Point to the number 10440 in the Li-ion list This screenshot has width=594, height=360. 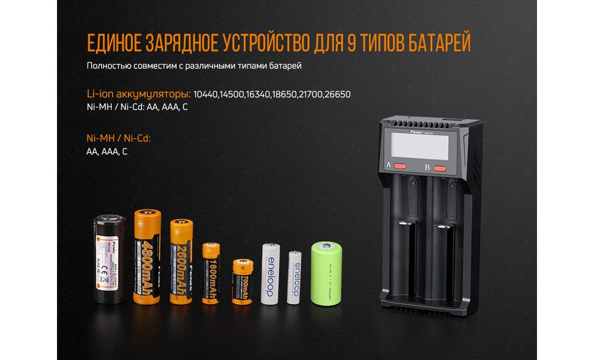coord(206,94)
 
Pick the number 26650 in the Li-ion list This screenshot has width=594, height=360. coord(338,94)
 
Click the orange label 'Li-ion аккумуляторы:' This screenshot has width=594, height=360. coord(139,94)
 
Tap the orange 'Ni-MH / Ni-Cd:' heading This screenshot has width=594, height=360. coord(118,139)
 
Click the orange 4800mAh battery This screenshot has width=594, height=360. coord(147,256)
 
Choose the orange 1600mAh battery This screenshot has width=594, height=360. coord(211,274)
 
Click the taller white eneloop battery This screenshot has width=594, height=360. coord(270,273)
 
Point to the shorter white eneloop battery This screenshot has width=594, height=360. coord(294,277)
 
